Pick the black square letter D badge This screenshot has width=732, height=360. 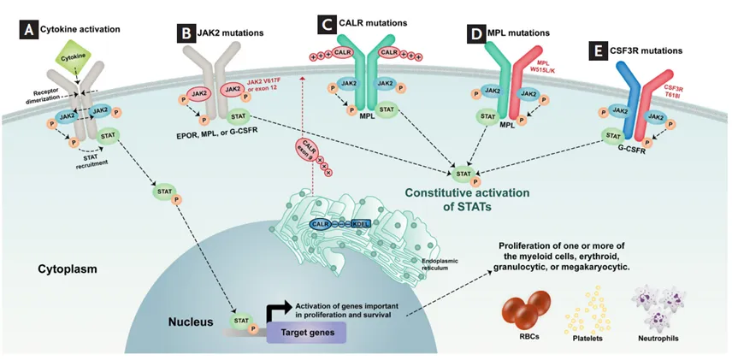pos(475,35)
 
